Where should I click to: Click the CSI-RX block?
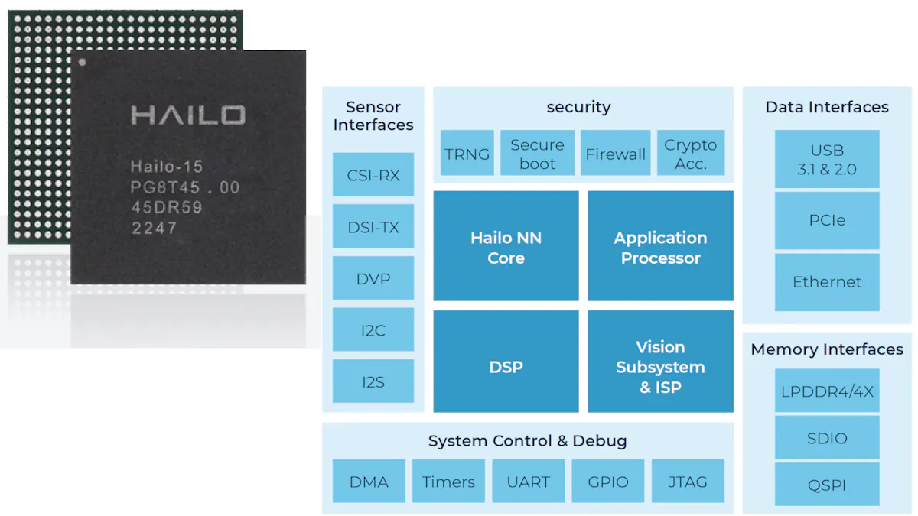[x=373, y=175]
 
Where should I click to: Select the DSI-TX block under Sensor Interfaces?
[x=373, y=227]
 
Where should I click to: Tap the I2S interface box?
[x=373, y=381]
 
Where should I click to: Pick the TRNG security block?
[x=467, y=154]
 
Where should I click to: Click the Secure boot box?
[x=537, y=154]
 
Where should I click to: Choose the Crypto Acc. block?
[x=690, y=154]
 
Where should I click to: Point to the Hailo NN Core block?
[x=506, y=247]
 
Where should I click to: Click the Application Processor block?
[x=660, y=247]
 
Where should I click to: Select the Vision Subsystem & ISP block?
[x=660, y=367]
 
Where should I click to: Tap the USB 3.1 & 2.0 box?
[x=827, y=160]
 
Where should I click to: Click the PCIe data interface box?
[x=827, y=220]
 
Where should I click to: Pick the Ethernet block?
[x=827, y=282]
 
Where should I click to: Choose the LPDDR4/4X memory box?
[x=827, y=391]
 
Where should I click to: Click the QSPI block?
[x=827, y=485]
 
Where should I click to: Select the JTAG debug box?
[x=686, y=482]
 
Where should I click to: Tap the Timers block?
[x=448, y=482]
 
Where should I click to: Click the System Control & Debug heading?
[x=527, y=441]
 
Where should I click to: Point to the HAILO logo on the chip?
[x=188, y=115]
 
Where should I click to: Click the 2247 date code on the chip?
[x=154, y=228]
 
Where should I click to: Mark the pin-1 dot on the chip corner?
[x=83, y=62]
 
